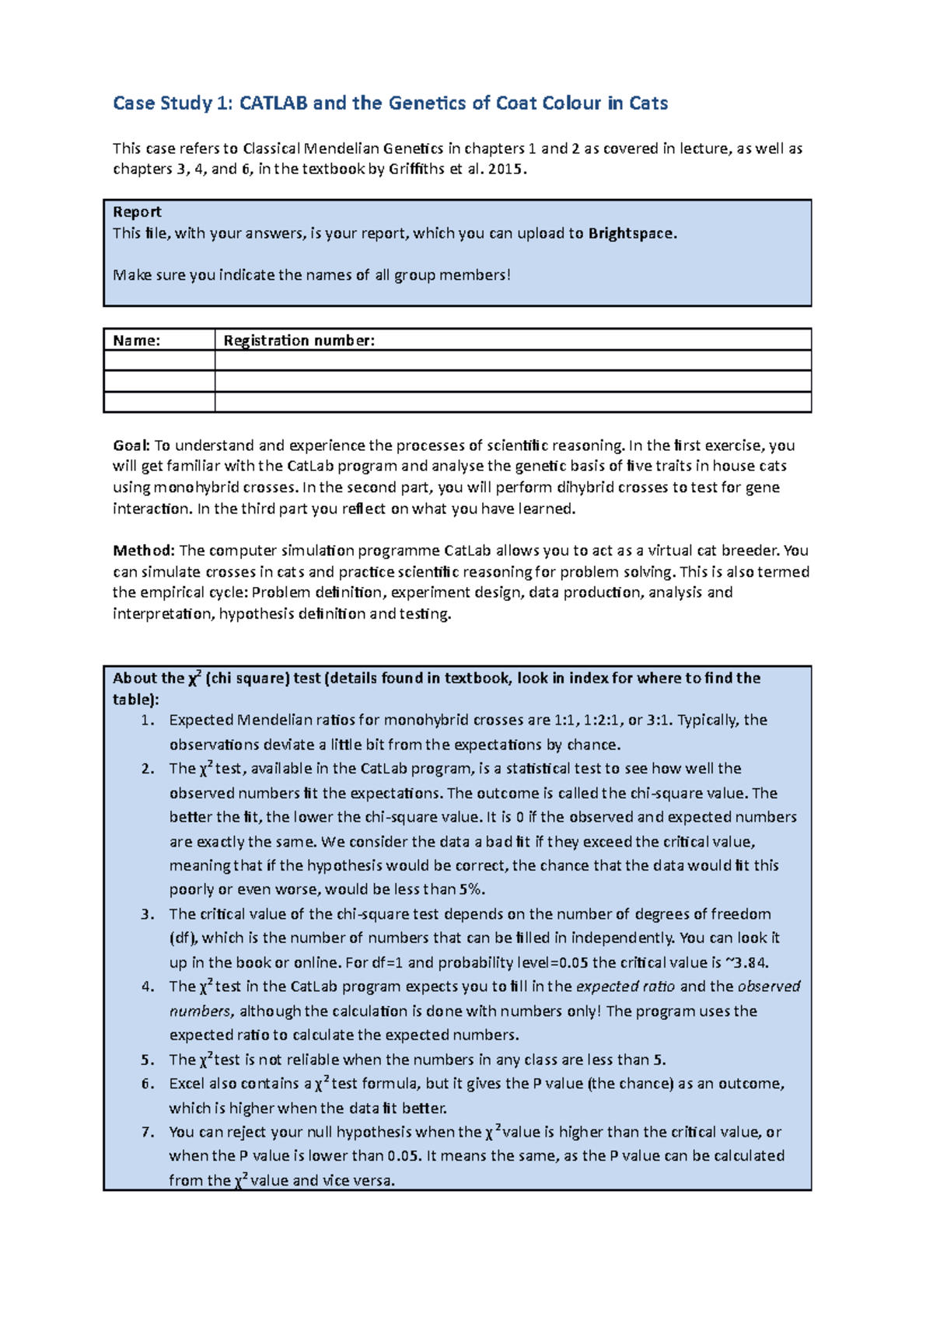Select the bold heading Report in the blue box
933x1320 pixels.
point(137,212)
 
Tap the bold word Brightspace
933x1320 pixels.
point(631,233)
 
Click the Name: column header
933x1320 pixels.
point(137,340)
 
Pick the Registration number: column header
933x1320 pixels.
point(299,340)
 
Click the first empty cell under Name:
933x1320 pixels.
point(159,361)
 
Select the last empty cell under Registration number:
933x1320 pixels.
point(512,402)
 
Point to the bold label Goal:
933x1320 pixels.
point(131,445)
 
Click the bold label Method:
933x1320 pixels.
point(144,550)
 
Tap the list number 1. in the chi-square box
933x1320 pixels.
point(148,720)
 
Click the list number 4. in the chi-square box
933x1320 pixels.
point(148,987)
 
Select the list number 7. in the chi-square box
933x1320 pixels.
point(148,1132)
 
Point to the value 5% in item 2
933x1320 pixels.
point(472,889)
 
